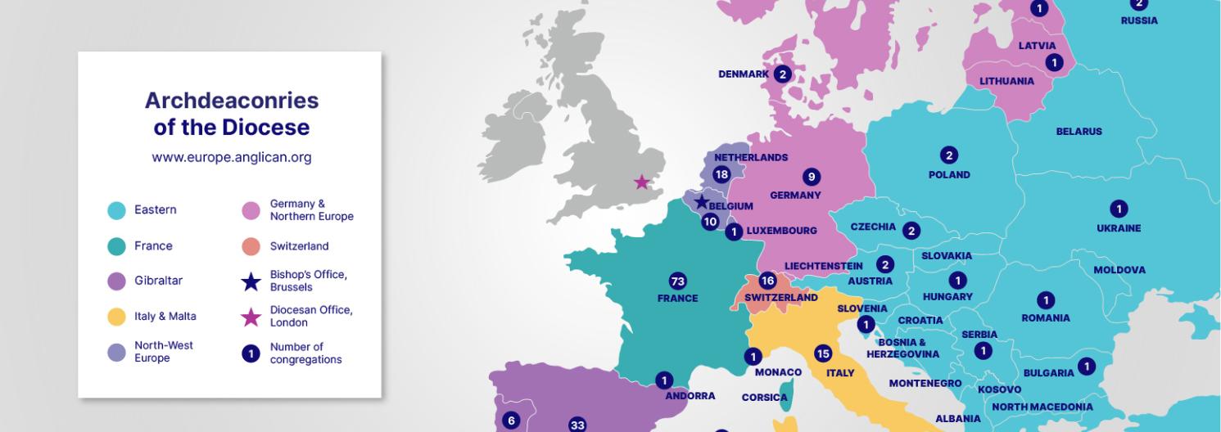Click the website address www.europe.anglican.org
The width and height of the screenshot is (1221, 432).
[231, 158]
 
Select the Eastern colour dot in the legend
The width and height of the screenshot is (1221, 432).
[117, 210]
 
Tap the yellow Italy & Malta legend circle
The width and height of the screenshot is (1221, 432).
[117, 316]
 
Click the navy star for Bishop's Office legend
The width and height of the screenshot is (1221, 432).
[251, 281]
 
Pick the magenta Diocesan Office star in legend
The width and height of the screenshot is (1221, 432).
[251, 317]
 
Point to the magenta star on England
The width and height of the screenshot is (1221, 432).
[642, 182]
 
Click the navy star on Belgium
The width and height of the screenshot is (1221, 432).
[701, 202]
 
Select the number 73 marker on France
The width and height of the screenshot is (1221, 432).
[677, 281]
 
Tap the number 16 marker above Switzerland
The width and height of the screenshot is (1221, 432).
[767, 281]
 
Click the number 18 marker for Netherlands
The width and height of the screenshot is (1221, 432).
[721, 174]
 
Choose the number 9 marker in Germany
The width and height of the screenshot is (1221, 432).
[812, 177]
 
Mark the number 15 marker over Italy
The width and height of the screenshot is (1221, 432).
[823, 353]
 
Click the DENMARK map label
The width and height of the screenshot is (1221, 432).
[744, 74]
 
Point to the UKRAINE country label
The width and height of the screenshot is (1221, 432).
[1118, 228]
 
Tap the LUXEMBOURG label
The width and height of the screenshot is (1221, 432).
[781, 231]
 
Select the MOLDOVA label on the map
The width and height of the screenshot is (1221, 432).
[1119, 270]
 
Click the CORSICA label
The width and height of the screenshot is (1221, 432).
[764, 398]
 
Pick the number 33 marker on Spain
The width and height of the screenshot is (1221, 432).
[577, 425]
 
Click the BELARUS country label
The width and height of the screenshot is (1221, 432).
[1079, 132]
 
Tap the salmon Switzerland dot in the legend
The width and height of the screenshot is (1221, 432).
[251, 246]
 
